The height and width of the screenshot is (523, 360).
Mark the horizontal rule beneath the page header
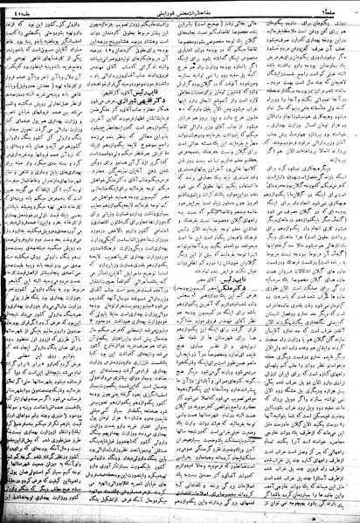pos(180,14)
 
